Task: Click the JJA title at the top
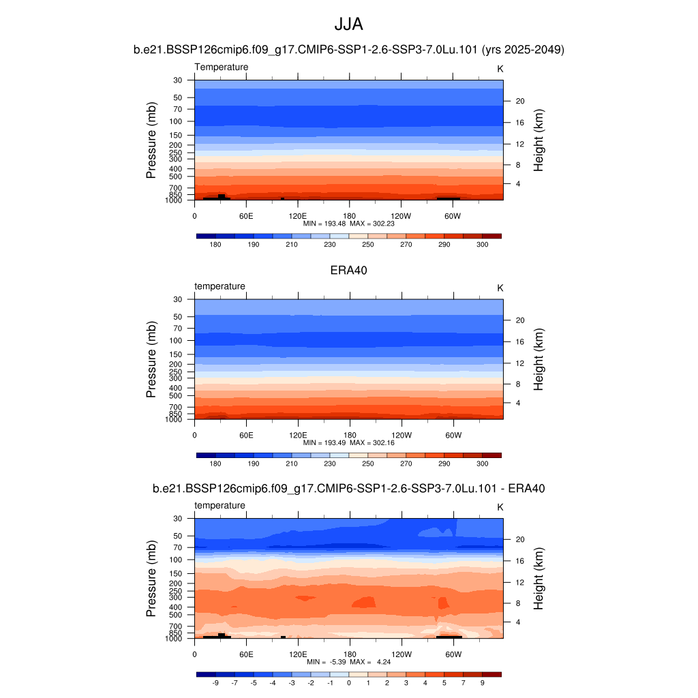[348, 25]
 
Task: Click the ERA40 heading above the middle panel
[348, 270]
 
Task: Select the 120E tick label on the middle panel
[298, 434]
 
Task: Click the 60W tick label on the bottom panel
[453, 654]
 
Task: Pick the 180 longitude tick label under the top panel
[349, 215]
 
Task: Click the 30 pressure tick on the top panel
[178, 80]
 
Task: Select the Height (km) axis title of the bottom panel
[538, 579]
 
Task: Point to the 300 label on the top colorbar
[482, 244]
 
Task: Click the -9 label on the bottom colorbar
[215, 682]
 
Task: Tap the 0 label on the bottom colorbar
[348, 682]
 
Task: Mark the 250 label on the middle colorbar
[368, 464]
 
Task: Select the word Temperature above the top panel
[222, 67]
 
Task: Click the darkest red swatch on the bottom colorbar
[491, 674]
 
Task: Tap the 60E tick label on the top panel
[246, 215]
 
